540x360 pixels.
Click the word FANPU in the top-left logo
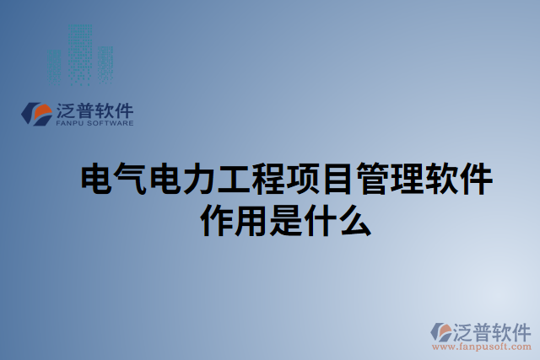tap(70, 123)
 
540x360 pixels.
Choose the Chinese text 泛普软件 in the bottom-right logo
tap(492, 330)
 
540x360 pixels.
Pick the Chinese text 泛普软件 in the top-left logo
tap(94, 110)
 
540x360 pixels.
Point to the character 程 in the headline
tap(267, 180)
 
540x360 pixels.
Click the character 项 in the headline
tap(303, 180)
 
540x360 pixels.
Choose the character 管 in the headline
tap(372, 180)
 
